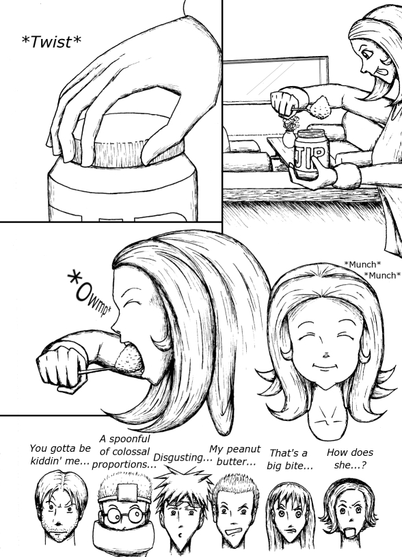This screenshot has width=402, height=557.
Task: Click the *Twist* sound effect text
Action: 51,42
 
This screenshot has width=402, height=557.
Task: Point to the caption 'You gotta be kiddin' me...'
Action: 59,454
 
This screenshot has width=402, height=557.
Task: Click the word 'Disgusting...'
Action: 183,457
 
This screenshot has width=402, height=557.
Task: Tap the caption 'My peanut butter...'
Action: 235,455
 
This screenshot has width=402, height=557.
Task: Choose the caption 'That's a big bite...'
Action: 289,459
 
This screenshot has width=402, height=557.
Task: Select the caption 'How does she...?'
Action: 350,459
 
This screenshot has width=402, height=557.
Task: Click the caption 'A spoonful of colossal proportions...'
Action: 124,452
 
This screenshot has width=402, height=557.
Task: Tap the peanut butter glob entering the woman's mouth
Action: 130,361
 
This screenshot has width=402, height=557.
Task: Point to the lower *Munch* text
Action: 382,275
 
